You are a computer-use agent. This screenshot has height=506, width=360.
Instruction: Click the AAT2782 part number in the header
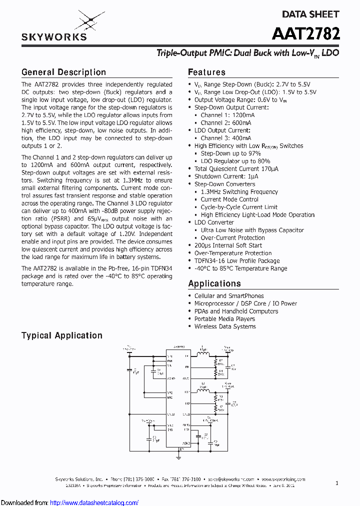coord(306,33)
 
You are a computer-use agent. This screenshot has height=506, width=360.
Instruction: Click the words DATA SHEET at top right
coord(310,14)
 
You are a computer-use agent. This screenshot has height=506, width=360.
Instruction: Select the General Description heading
coord(63,72)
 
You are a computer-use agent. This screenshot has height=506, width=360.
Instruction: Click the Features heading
coord(206,72)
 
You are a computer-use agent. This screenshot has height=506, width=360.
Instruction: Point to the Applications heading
coord(214,283)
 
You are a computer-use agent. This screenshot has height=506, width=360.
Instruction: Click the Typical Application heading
coord(61,335)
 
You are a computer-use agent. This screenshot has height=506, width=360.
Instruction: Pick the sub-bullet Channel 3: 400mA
coord(226,138)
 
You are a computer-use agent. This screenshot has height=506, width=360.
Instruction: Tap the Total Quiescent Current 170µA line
coord(236,169)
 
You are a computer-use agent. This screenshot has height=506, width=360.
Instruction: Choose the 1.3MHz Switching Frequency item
coord(239,192)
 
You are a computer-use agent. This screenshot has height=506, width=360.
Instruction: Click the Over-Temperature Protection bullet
coord(233,253)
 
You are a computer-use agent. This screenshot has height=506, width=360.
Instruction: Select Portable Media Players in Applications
coord(224,319)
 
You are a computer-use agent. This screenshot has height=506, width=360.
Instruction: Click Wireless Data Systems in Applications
coord(225,326)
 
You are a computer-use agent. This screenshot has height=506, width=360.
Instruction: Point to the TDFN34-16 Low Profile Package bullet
coord(237,261)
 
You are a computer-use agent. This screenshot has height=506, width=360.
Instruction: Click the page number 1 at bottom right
coord(337,483)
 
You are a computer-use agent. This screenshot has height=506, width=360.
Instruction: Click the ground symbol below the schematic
coord(179,455)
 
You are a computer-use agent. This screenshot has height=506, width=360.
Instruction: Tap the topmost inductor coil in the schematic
coord(202,354)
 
